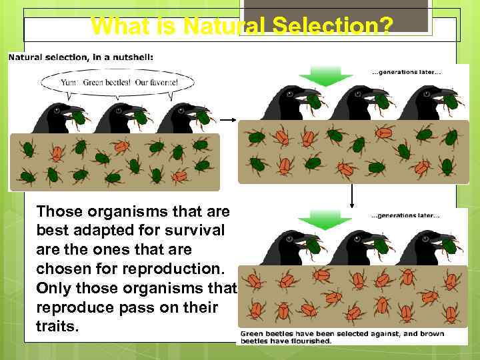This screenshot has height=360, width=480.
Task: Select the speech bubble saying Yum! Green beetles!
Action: tap(118, 83)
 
